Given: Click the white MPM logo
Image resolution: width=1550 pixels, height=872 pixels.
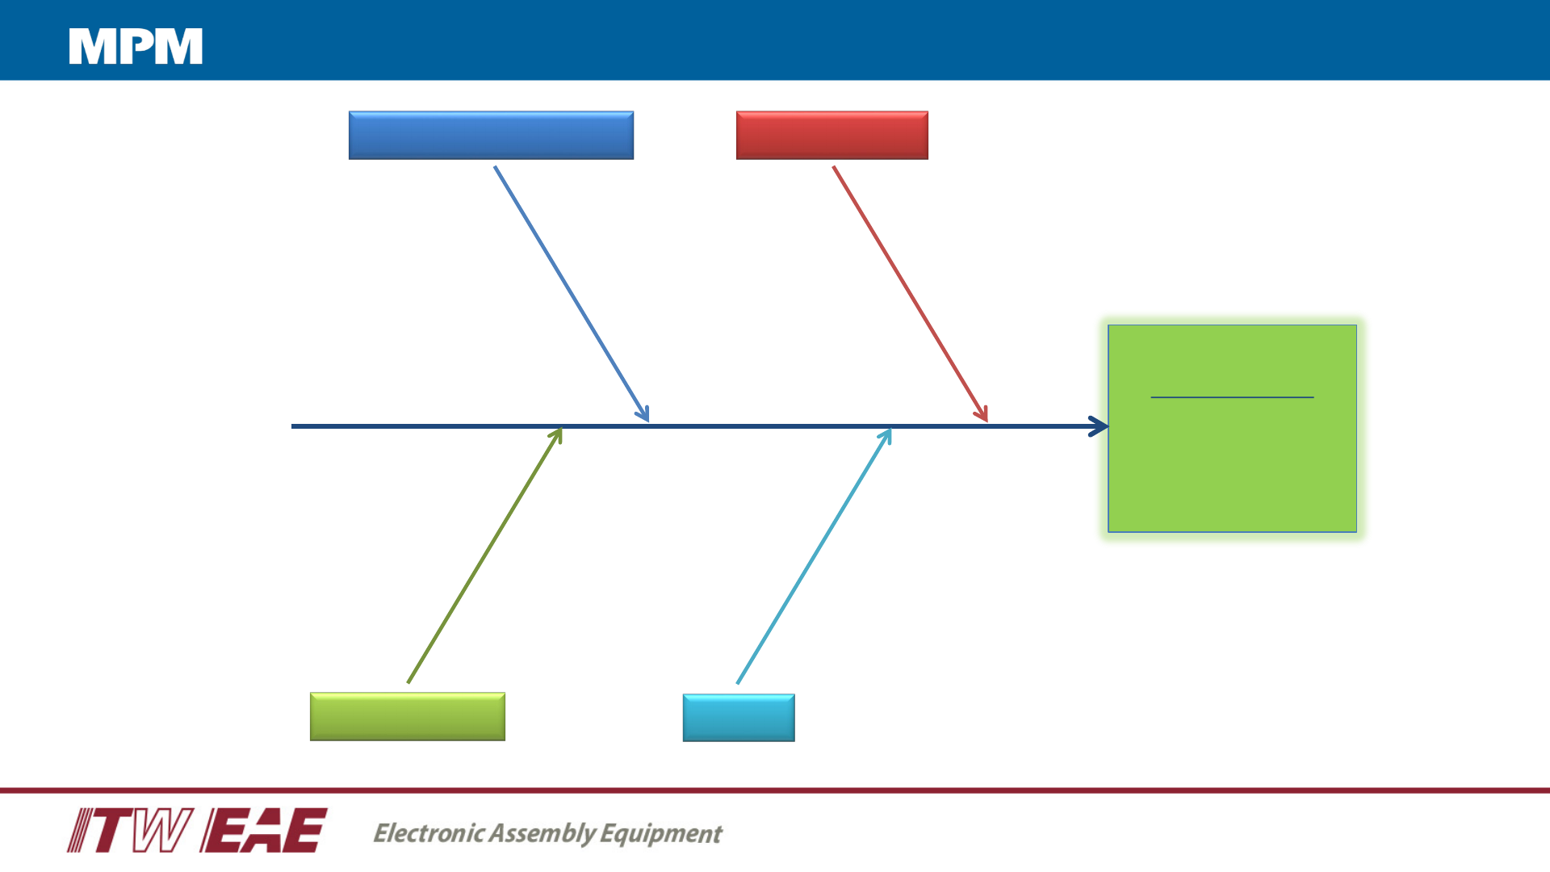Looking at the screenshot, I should click(x=136, y=46).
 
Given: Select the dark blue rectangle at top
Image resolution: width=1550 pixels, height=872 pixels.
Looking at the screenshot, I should click(x=491, y=135).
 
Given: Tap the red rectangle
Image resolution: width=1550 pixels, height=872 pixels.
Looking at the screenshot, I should click(x=832, y=135).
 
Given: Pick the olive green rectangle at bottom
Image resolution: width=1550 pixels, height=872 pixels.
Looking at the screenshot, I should click(x=407, y=716).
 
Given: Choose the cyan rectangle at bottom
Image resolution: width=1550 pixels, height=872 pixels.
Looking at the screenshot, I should click(x=739, y=717).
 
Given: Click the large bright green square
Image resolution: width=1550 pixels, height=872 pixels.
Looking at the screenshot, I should click(x=1232, y=468).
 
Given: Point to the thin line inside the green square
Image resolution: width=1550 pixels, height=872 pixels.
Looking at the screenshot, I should click(x=1232, y=397).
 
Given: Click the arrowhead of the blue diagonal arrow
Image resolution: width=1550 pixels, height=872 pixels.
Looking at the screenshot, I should click(x=645, y=416).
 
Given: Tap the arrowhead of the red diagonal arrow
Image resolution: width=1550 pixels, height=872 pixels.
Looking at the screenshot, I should click(x=983, y=416).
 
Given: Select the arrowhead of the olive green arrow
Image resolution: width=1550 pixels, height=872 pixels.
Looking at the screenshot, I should click(x=557, y=434).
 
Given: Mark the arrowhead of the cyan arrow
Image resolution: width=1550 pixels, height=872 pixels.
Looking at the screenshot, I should click(x=887, y=435).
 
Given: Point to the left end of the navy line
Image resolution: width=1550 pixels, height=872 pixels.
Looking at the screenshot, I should click(x=294, y=426).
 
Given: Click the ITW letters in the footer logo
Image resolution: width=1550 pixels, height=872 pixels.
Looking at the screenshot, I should click(x=129, y=830).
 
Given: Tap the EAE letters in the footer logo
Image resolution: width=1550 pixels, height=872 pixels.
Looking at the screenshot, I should click(x=265, y=830).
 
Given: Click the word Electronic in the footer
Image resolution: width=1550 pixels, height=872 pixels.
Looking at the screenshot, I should click(x=429, y=832).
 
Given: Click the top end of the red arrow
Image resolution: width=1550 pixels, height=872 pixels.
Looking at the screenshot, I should click(x=834, y=168).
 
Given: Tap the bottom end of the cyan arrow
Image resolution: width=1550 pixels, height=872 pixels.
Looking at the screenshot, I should click(x=738, y=682).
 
